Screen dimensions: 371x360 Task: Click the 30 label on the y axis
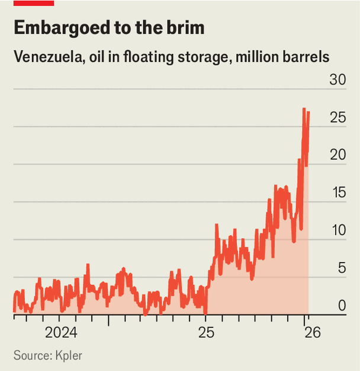337,80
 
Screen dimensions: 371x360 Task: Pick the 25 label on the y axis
337,118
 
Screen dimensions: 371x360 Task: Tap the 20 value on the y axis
337,156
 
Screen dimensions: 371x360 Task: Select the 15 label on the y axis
337,193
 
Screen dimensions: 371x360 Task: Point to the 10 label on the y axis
337,231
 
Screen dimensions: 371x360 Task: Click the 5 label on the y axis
340,269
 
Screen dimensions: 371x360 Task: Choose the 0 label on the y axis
340,306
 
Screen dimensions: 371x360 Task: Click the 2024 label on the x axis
61,333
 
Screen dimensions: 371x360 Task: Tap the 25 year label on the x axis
205,333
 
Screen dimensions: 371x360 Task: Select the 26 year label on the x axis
313,333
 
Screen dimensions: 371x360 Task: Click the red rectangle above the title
33,3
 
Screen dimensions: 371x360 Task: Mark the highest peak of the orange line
304,109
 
